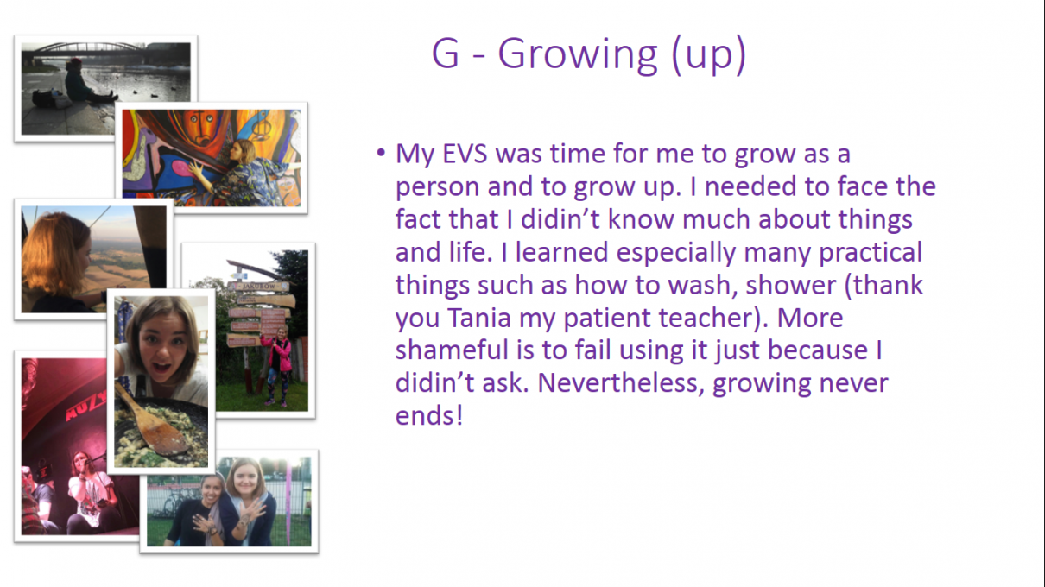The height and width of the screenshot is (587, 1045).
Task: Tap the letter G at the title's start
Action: click(446, 54)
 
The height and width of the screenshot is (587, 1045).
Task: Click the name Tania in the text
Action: click(479, 318)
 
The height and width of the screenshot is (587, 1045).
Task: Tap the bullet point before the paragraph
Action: click(381, 153)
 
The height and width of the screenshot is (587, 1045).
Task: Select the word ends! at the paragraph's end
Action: click(429, 415)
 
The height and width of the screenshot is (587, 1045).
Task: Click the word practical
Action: click(871, 252)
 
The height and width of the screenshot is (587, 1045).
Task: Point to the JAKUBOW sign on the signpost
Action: click(259, 286)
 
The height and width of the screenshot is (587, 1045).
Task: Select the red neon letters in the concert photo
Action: click(85, 407)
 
